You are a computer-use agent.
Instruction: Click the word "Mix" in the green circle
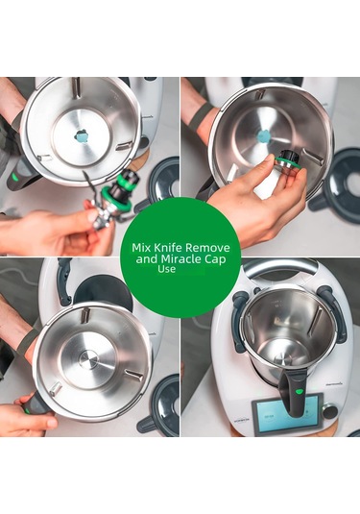click(x=140, y=247)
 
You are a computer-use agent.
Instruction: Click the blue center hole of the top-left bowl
click(x=82, y=137)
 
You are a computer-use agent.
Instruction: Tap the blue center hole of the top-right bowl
click(x=262, y=136)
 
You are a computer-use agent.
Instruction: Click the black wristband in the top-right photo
click(x=200, y=117)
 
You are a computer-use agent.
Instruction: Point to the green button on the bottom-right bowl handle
click(x=299, y=392)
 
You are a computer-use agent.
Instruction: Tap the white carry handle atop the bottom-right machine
click(x=279, y=269)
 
